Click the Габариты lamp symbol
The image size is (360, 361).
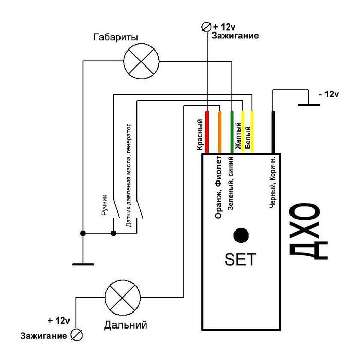coord(141,61)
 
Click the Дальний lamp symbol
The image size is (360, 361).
coord(123,298)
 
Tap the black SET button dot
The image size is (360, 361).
coord(241,235)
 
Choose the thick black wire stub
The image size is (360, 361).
coord(273,132)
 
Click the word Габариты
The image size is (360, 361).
coord(116,37)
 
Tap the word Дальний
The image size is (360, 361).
coord(125,325)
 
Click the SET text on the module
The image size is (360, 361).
coord(240,259)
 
